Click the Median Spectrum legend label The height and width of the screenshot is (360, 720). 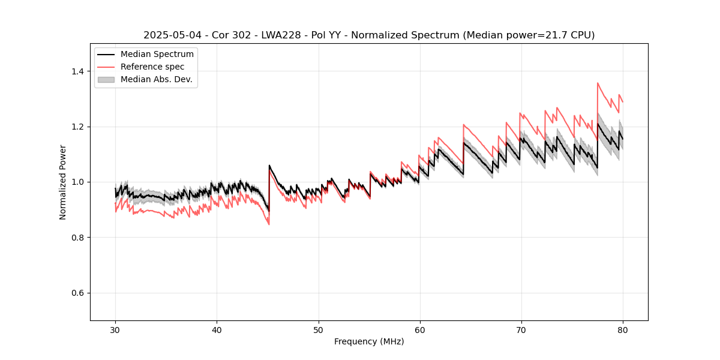tap(157, 55)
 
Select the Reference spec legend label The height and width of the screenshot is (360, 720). tap(152, 67)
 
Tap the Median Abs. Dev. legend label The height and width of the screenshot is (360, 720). tap(156, 79)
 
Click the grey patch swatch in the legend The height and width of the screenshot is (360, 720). tap(106, 79)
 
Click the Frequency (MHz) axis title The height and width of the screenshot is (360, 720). tap(369, 341)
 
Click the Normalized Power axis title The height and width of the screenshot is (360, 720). tap(63, 182)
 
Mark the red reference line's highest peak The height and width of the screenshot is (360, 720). tap(598, 83)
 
